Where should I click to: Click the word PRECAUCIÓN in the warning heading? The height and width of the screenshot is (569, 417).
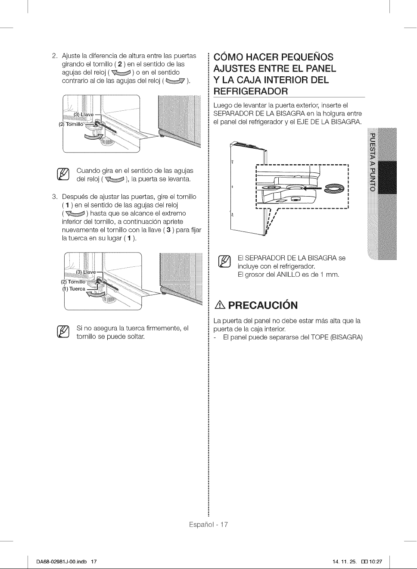click(x=263, y=305)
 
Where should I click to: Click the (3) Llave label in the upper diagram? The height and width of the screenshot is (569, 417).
click(x=84, y=115)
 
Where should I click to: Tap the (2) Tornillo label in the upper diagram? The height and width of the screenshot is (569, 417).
click(x=71, y=124)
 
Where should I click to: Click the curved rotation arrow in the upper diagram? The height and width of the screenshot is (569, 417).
click(x=93, y=137)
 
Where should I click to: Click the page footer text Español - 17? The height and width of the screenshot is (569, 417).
click(x=208, y=525)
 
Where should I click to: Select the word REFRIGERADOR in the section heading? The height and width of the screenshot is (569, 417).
click(x=251, y=91)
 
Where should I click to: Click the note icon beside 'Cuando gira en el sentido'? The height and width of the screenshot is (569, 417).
click(x=63, y=175)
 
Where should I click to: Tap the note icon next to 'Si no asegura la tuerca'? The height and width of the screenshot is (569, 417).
click(x=63, y=332)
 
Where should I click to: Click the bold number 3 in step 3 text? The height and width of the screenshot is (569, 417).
click(x=168, y=230)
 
